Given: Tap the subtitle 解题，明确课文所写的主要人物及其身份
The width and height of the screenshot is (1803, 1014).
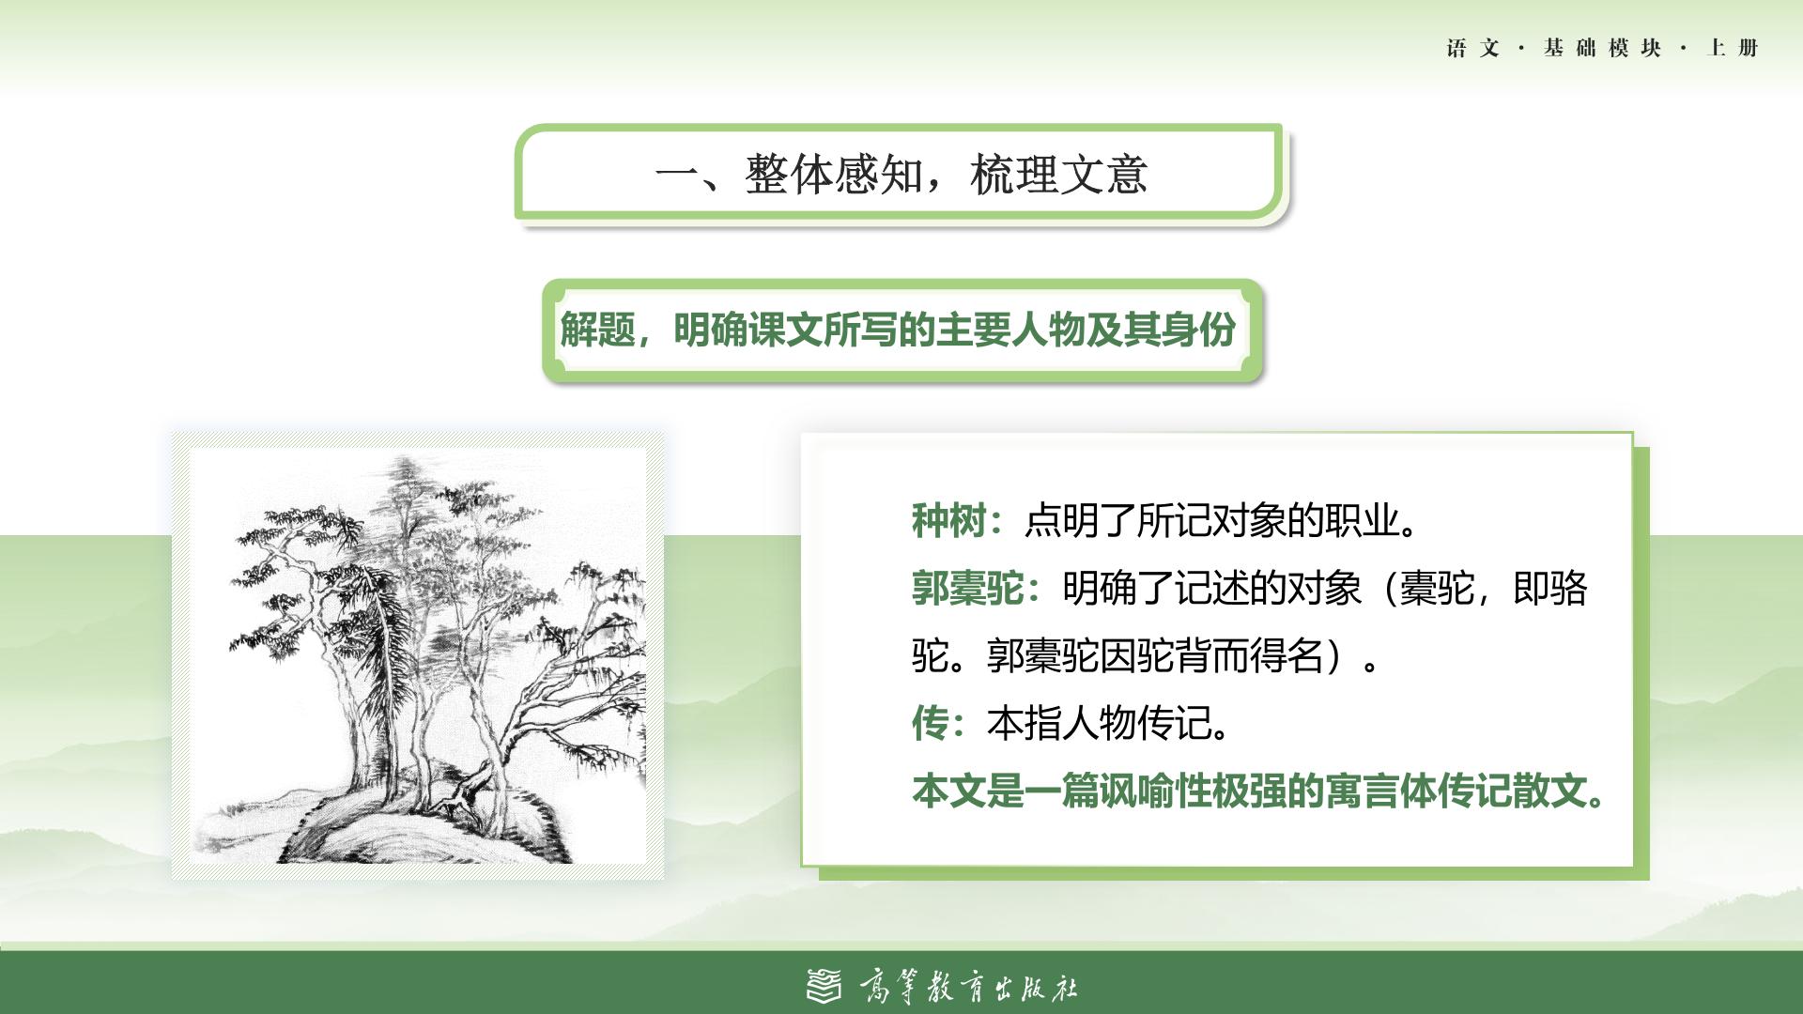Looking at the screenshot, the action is (898, 330).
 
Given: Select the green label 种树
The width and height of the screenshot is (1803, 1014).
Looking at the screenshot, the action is (948, 520).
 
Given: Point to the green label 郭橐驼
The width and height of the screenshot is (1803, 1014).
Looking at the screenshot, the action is (967, 589).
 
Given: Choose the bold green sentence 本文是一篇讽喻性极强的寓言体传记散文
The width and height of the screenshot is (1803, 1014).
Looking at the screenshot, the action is (1258, 791).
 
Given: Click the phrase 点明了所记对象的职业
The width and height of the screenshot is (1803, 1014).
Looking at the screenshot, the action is (1221, 520).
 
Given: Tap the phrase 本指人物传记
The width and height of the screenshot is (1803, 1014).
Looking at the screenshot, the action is (1108, 723).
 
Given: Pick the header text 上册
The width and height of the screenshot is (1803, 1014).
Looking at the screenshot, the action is (1733, 48).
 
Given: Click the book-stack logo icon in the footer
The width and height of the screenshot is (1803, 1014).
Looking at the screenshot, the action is (825, 985).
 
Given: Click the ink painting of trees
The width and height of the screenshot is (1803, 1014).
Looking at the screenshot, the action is (419, 656).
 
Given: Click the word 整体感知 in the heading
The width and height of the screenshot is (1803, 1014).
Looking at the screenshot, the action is (834, 174).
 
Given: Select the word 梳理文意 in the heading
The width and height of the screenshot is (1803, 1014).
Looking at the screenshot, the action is (1059, 174).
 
